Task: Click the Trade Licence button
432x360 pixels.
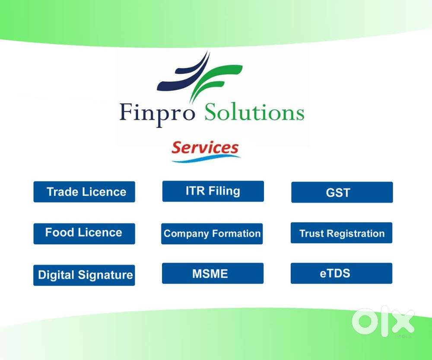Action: [84, 192]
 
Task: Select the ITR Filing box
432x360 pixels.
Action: [213, 191]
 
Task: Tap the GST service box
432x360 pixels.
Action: [342, 192]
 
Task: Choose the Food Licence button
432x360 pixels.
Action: [84, 234]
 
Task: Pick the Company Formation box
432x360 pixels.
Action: [212, 234]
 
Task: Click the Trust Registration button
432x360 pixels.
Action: [341, 233]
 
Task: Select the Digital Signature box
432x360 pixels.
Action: [84, 275]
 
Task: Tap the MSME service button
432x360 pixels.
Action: [213, 274]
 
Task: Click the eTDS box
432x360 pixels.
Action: [341, 274]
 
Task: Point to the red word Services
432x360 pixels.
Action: [205, 147]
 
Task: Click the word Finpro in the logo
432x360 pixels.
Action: [157, 113]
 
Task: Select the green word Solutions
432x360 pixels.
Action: [254, 112]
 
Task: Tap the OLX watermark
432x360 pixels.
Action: [383, 322]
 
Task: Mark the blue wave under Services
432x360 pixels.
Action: [206, 159]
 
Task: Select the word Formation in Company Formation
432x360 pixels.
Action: [236, 233]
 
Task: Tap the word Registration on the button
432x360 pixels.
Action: [356, 234]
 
